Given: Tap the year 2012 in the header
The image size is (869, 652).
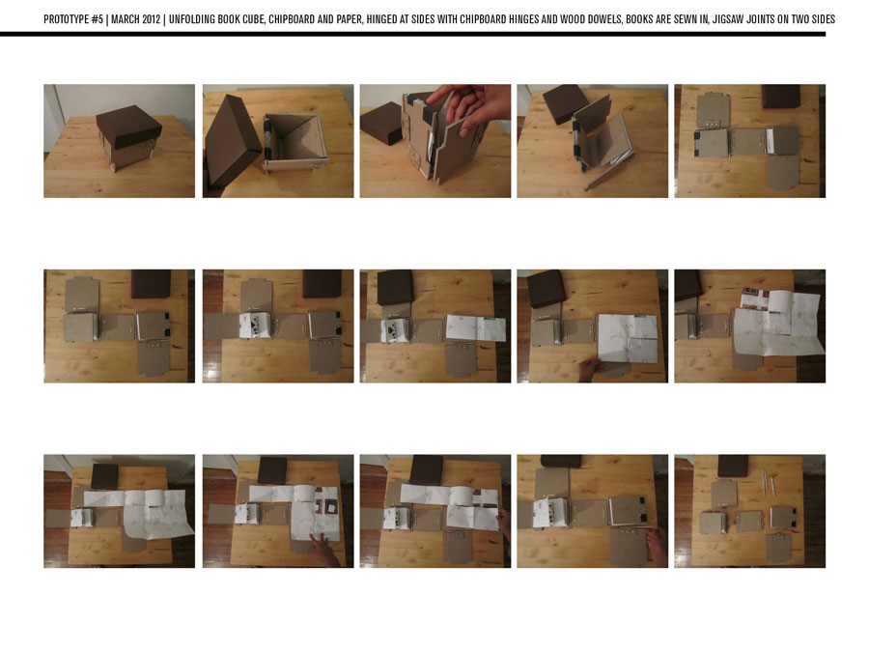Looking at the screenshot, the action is tap(151, 19).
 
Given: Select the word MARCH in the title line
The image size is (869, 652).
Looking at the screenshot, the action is tap(126, 19).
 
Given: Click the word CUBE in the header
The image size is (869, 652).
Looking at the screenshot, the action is tap(253, 19).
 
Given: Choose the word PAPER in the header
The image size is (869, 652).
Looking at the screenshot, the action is tap(349, 19).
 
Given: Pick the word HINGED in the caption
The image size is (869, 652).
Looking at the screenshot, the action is tap(380, 19).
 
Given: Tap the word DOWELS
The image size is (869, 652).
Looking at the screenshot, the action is tap(604, 19).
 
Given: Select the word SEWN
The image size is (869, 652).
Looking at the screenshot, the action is tap(685, 19).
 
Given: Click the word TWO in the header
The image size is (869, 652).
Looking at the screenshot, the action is tap(800, 19).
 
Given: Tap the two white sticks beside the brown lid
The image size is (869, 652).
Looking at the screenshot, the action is tap(769, 484).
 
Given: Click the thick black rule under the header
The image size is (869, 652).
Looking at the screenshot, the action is tap(413, 35).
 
